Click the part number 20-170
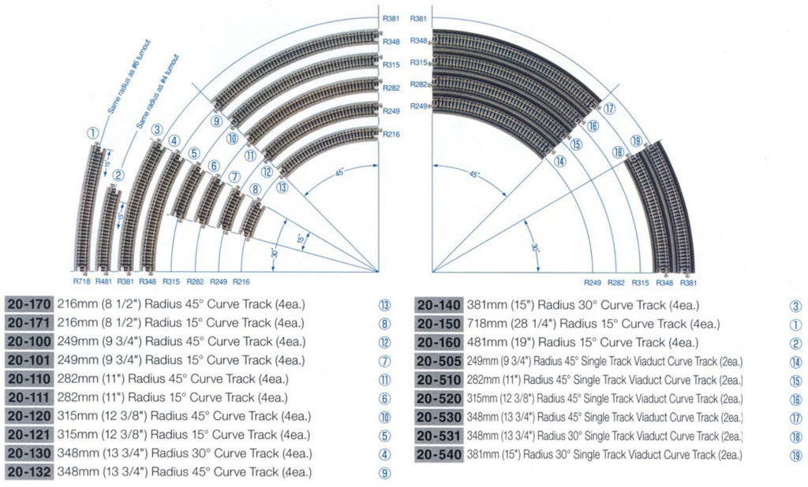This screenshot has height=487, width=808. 29,305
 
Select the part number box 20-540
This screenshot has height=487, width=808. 439,455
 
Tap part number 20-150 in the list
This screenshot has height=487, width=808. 439,324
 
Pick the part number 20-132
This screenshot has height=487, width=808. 29,472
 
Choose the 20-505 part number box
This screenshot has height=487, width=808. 439,361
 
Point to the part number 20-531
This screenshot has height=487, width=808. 439,436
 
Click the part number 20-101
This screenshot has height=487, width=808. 29,361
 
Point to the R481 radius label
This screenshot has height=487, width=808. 103,281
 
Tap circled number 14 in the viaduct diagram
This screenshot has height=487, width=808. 559,162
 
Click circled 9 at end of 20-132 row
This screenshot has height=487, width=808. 384,472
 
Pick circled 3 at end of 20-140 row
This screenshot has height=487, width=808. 795,305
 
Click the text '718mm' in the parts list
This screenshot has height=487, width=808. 470,324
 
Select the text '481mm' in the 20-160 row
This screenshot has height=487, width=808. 470,343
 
